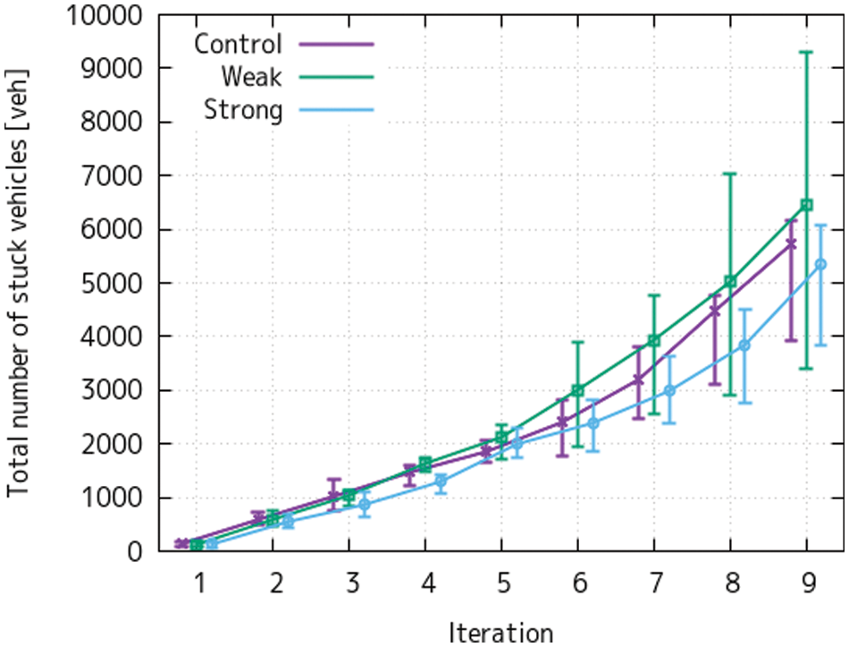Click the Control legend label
238,43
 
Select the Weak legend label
253,77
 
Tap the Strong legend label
243,110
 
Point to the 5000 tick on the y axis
114,283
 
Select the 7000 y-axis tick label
114,175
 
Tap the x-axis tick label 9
807,583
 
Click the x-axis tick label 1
199,583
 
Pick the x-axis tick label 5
503,583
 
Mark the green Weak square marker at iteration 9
807,205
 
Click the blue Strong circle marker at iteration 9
821,264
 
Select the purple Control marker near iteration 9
791,243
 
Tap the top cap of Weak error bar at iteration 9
807,52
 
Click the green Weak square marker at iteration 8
730,281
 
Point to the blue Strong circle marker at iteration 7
669,390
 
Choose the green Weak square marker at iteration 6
578,389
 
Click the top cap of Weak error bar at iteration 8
730,174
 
